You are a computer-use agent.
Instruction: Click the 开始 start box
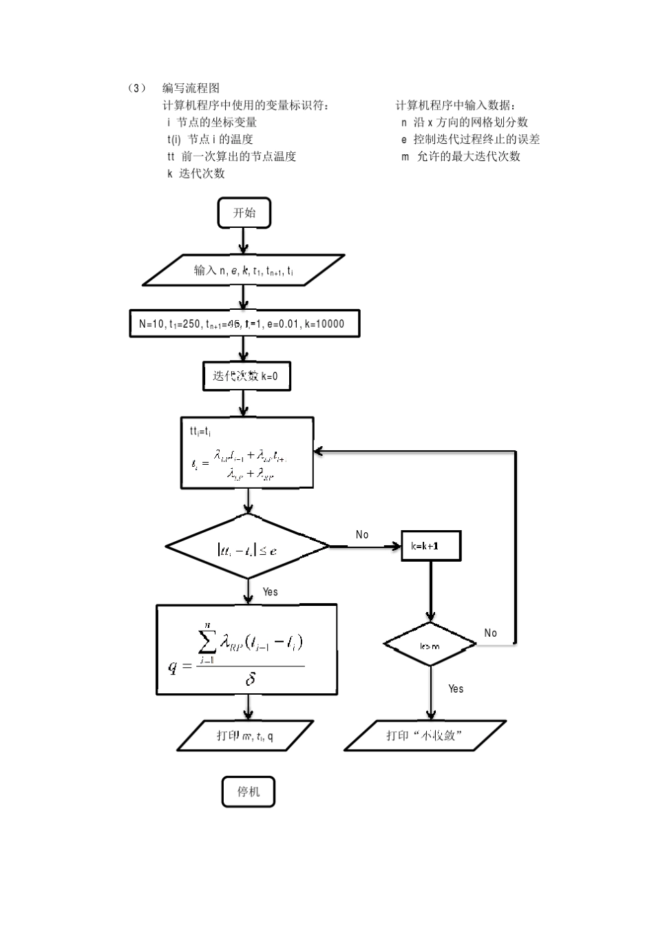pyautogui.click(x=244, y=213)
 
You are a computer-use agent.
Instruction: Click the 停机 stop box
pyautogui.click(x=249, y=792)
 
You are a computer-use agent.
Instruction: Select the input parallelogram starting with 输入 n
pyautogui.click(x=244, y=271)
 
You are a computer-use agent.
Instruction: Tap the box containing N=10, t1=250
pyautogui.click(x=244, y=324)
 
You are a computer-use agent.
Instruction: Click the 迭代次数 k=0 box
pyautogui.click(x=246, y=376)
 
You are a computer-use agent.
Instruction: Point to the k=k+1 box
pyautogui.click(x=431, y=546)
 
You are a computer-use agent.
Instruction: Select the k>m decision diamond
pyautogui.click(x=430, y=645)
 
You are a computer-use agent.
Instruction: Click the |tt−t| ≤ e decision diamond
pyautogui.click(x=248, y=549)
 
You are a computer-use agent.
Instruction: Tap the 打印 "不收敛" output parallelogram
pyautogui.click(x=425, y=735)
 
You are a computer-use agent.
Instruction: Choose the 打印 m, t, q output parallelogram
pyautogui.click(x=245, y=735)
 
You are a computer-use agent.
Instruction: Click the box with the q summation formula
pyautogui.click(x=246, y=649)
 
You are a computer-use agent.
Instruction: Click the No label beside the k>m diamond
pyautogui.click(x=490, y=633)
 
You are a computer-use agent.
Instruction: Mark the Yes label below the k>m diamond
pyautogui.click(x=456, y=688)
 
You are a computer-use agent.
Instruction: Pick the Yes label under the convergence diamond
pyautogui.click(x=270, y=591)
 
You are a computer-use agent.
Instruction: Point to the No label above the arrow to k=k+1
pyautogui.click(x=362, y=534)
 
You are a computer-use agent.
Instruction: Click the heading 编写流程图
pyautogui.click(x=191, y=88)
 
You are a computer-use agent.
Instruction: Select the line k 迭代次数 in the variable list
pyautogui.click(x=196, y=173)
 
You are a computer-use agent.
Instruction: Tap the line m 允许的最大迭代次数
pyautogui.click(x=461, y=156)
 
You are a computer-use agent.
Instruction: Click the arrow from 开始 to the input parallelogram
pyautogui.click(x=243, y=241)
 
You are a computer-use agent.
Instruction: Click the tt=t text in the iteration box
pyautogui.click(x=200, y=432)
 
